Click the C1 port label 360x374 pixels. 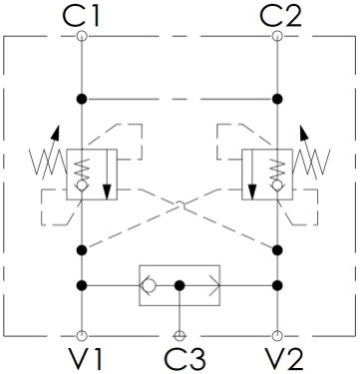(x=81, y=16)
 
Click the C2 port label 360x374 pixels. (x=281, y=16)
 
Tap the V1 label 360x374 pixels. (x=85, y=359)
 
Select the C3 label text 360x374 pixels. (x=184, y=359)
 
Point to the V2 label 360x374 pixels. (x=284, y=359)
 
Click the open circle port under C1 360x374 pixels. (x=82, y=36)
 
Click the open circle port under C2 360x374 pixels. (x=277, y=36)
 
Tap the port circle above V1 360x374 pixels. (x=82, y=336)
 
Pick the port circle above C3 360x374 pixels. (x=180, y=336)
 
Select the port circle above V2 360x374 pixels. (x=277, y=336)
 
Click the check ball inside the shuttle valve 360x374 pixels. (x=150, y=285)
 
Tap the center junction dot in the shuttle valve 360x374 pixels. (x=180, y=285)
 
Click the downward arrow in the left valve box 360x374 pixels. (x=107, y=175)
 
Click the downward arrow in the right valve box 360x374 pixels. (x=252, y=175)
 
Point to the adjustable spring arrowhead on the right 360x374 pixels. (x=303, y=134)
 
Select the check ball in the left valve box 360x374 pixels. (x=82, y=185)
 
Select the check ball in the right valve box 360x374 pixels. (x=277, y=185)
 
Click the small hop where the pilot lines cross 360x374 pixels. (x=180, y=203)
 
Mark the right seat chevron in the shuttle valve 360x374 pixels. (x=214, y=285)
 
